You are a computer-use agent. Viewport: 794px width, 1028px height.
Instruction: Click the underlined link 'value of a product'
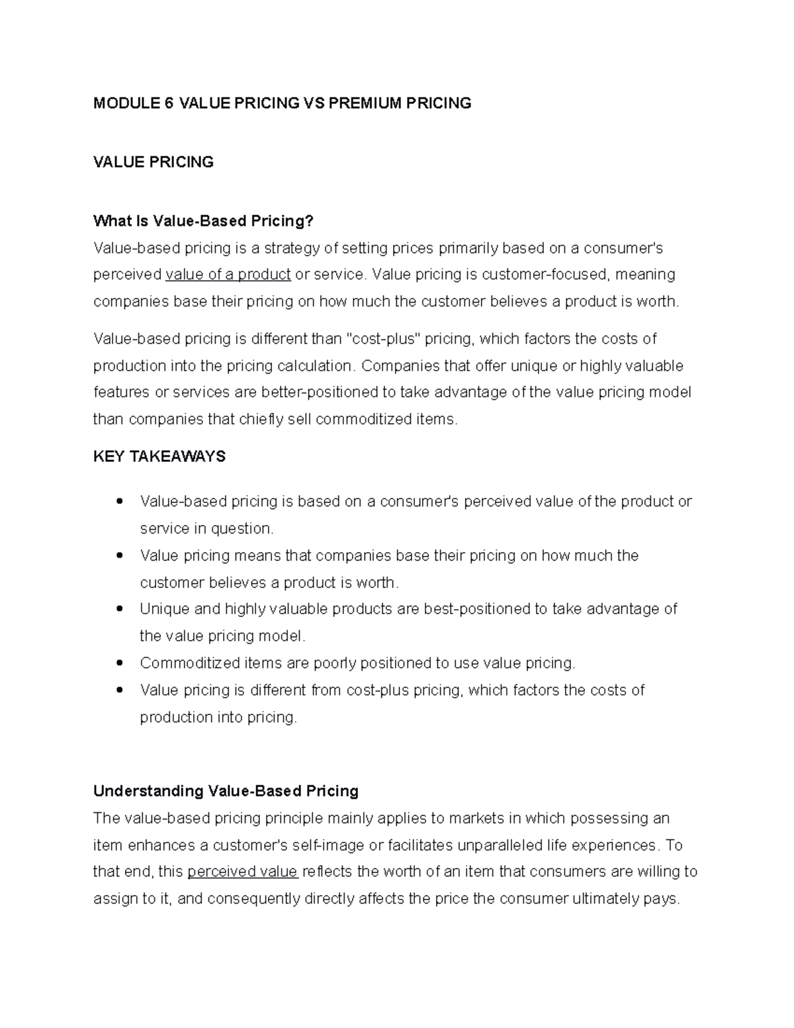228,275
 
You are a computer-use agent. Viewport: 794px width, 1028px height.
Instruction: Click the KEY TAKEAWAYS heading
159,457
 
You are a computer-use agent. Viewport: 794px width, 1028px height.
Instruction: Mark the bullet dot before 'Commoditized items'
119,663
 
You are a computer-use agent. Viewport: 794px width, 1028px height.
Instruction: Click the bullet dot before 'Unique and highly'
119,608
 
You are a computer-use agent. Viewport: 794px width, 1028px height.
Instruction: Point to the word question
241,529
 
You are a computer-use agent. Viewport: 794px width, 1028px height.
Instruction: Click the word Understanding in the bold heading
148,791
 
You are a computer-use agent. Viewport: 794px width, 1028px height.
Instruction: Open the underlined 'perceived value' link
242,872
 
